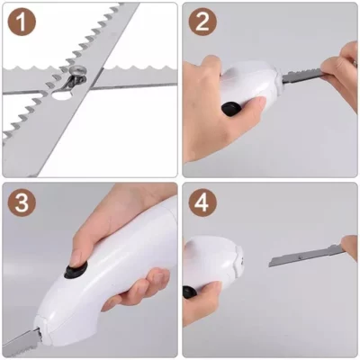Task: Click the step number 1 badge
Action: tap(22, 22)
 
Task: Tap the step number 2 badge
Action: tap(202, 22)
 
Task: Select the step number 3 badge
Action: tap(22, 202)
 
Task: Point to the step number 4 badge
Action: tap(202, 202)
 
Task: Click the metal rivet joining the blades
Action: tap(77, 71)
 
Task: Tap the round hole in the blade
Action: tap(62, 95)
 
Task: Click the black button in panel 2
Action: tap(231, 108)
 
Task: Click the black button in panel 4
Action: tap(189, 292)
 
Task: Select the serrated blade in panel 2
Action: tap(303, 76)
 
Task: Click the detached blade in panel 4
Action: tap(307, 255)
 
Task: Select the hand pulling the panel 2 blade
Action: tap(339, 70)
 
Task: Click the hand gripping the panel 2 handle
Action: tap(210, 108)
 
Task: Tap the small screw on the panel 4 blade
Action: tap(301, 256)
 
